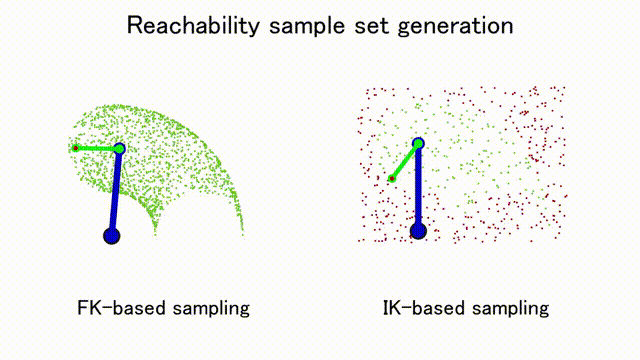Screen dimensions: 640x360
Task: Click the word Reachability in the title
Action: click(193, 26)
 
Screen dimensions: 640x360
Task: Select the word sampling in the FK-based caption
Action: click(211, 309)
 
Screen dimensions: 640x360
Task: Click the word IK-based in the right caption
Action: click(422, 308)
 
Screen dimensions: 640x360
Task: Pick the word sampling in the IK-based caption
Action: click(510, 309)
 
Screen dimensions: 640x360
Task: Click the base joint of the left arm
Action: click(111, 236)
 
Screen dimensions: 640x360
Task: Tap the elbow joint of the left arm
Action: click(119, 149)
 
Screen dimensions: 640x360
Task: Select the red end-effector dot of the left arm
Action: click(76, 148)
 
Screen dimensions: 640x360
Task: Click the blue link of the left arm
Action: click(115, 192)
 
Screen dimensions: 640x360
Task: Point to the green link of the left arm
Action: click(97, 149)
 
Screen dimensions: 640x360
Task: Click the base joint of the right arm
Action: click(418, 231)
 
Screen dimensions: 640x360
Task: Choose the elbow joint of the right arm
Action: click(418, 143)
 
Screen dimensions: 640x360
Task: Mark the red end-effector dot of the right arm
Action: click(392, 178)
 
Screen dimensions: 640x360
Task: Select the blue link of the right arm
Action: click(418, 187)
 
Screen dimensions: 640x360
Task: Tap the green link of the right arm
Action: click(405, 161)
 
